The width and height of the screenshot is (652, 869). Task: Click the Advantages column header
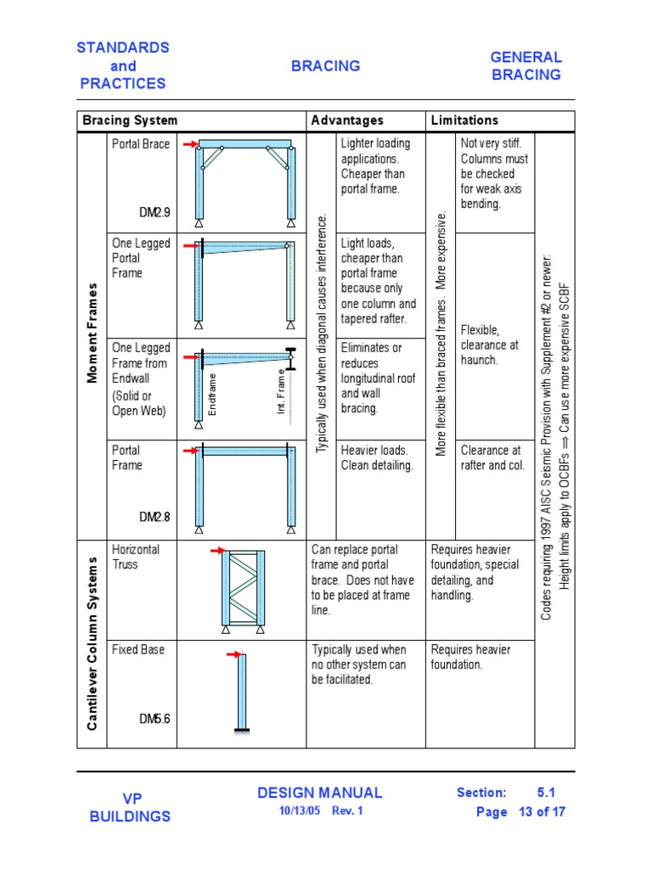click(x=347, y=121)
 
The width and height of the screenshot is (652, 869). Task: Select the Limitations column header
click(x=464, y=121)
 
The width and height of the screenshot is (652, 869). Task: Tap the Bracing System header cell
click(x=130, y=121)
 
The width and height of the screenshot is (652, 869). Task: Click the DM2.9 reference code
click(x=155, y=212)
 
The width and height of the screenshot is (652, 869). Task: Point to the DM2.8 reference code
click(x=155, y=516)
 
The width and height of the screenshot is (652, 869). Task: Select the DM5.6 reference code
click(x=155, y=719)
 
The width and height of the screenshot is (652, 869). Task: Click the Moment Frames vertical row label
click(x=92, y=333)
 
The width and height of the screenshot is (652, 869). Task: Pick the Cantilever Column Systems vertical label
click(x=92, y=642)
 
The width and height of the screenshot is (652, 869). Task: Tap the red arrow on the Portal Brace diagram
click(x=189, y=144)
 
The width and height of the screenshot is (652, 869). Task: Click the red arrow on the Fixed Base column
click(x=233, y=654)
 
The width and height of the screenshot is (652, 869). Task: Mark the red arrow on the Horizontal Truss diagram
click(x=216, y=551)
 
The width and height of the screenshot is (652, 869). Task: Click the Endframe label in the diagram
click(x=213, y=395)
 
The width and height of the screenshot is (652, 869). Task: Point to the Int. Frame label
click(x=281, y=392)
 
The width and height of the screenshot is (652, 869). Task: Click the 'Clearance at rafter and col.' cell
click(x=492, y=457)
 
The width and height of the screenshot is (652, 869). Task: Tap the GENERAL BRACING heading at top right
click(x=526, y=66)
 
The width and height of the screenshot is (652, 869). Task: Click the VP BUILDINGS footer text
click(x=130, y=807)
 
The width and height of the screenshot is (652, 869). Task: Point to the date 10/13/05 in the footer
click(x=296, y=810)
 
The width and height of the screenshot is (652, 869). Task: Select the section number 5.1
click(x=546, y=793)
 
